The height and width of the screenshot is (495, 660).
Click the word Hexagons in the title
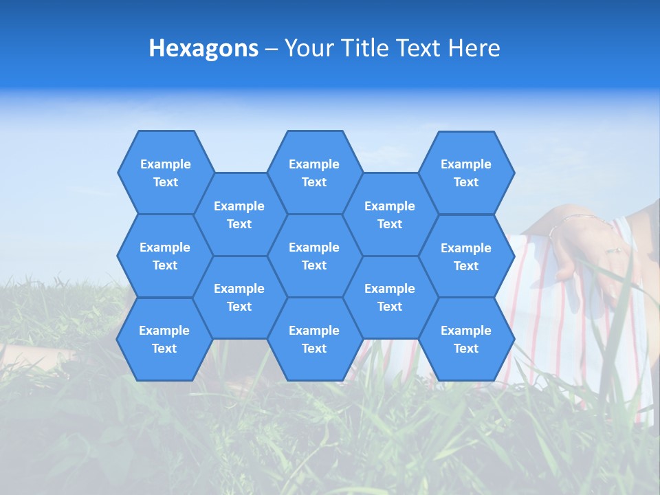203,48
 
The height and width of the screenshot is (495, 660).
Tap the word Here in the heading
474,48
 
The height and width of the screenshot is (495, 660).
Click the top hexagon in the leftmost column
165,173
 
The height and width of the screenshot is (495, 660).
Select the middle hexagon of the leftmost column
165,256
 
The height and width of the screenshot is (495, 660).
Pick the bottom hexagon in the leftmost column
164,339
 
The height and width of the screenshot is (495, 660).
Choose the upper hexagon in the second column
239,214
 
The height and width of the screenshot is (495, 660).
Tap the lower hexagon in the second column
239,297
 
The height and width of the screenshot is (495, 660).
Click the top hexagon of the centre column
314,173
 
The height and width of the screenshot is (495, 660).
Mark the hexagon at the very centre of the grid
314,256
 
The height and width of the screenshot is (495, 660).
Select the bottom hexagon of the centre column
314,339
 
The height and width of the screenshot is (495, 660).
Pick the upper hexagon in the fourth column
390,214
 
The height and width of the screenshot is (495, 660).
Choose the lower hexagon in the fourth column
390,297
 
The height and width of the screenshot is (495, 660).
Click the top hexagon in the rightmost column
466,173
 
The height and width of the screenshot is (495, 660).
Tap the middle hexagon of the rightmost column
466,256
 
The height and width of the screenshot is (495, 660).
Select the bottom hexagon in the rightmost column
466,339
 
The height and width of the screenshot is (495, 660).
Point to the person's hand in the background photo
584,247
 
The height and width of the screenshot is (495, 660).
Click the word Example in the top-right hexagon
466,164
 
